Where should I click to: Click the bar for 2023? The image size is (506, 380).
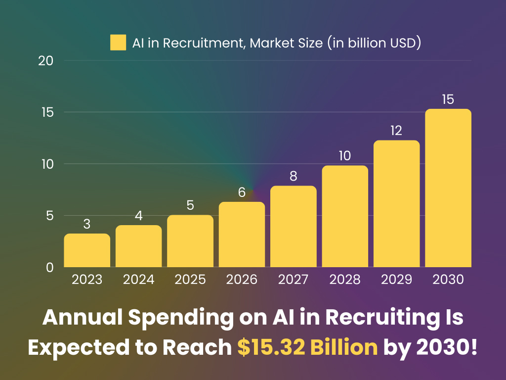pos(87,251)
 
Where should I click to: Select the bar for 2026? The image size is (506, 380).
pos(242,235)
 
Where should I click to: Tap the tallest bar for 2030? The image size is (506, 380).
pos(448,188)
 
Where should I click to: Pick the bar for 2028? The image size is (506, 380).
pos(345,217)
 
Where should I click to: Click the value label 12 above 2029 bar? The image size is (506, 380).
pos(396,131)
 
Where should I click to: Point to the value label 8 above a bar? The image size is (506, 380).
pos(294,176)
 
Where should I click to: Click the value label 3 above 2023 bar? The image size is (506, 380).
pos(87,224)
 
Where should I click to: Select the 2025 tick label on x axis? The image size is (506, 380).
pos(190,280)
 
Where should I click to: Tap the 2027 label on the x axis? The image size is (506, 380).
pos(294,280)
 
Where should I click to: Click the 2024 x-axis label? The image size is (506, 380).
pos(138,280)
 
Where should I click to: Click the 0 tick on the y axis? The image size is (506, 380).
pos(49,267)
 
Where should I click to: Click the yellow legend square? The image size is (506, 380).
pos(118,43)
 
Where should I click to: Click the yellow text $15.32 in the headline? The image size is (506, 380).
pos(268,347)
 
